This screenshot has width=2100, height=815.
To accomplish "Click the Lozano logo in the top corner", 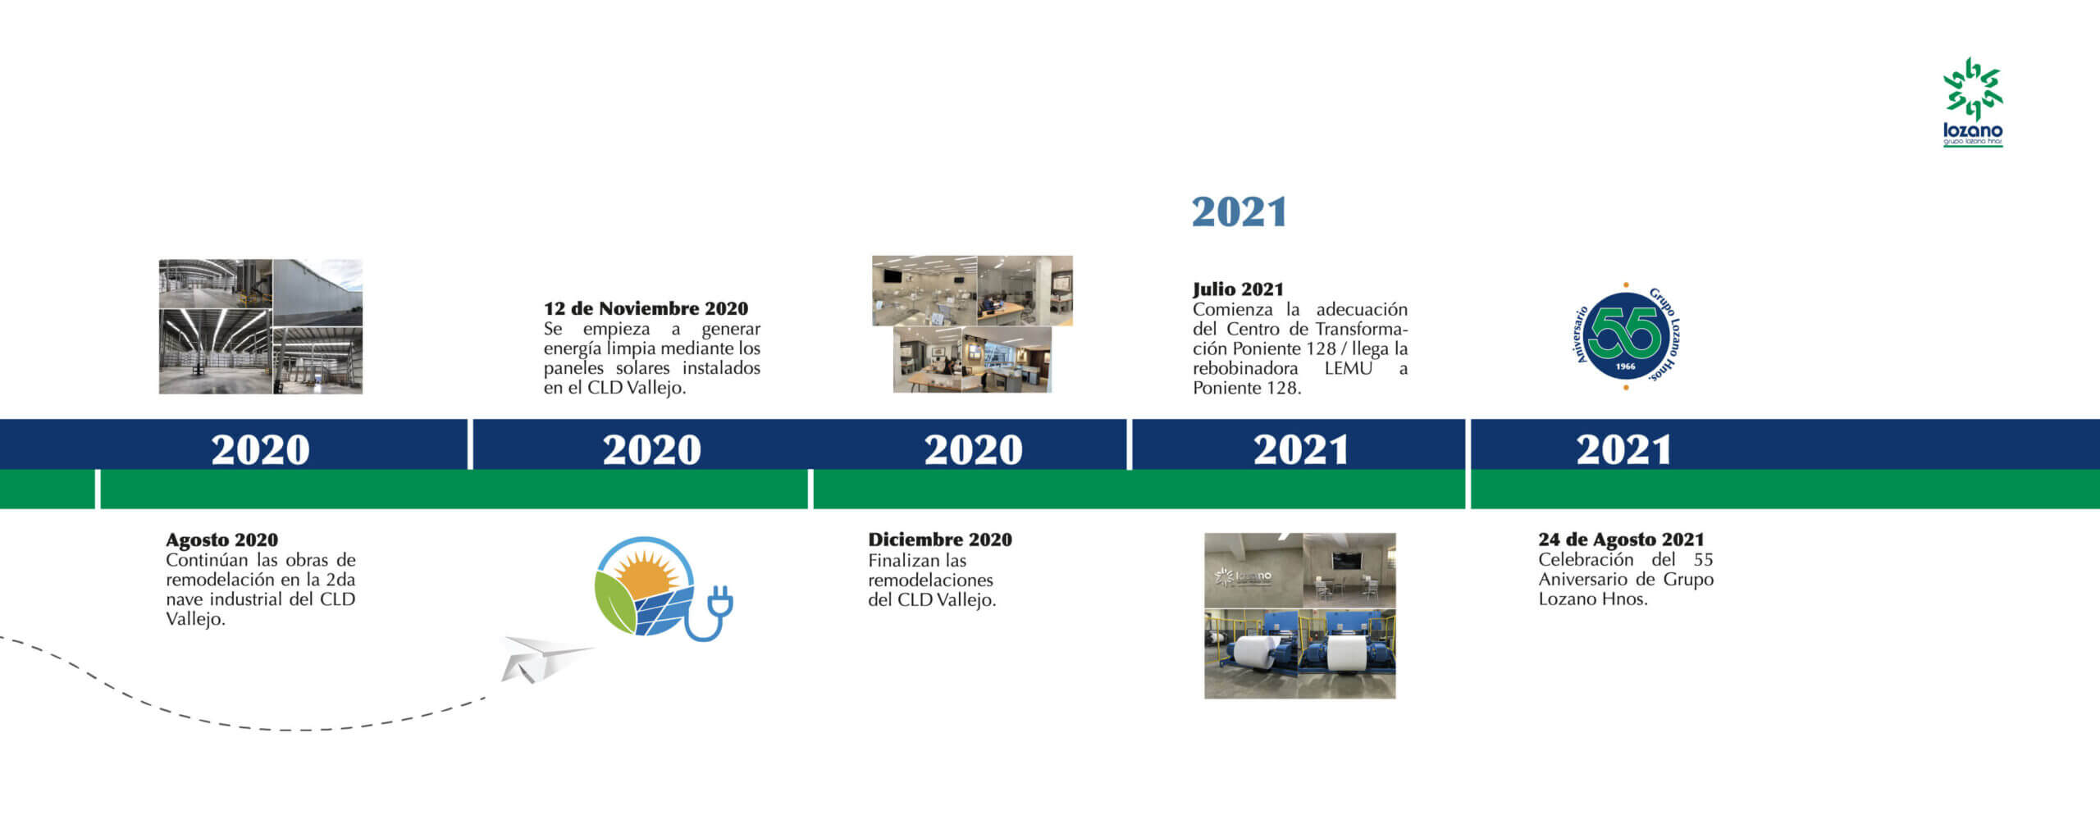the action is pyautogui.click(x=1973, y=102).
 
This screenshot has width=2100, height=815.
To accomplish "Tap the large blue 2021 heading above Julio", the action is pyautogui.click(x=1239, y=212).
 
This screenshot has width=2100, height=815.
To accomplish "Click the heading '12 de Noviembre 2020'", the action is pyautogui.click(x=646, y=308).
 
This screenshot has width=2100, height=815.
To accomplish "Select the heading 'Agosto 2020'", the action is pyautogui.click(x=221, y=540).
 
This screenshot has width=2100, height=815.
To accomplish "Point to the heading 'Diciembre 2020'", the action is pyautogui.click(x=940, y=540).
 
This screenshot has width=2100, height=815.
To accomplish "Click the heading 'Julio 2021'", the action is pyautogui.click(x=1238, y=289).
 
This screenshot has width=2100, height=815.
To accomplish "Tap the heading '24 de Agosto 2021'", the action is pyautogui.click(x=1621, y=540).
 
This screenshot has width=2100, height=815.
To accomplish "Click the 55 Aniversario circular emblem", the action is pyautogui.click(x=1627, y=336).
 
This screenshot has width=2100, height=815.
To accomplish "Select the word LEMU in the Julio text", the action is pyautogui.click(x=1348, y=368).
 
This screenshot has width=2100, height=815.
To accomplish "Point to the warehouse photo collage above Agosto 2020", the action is pyautogui.click(x=261, y=326).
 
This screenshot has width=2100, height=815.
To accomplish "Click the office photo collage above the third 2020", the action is pyautogui.click(x=972, y=324).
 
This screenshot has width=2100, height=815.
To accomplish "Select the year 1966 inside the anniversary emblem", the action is pyautogui.click(x=1625, y=367).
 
